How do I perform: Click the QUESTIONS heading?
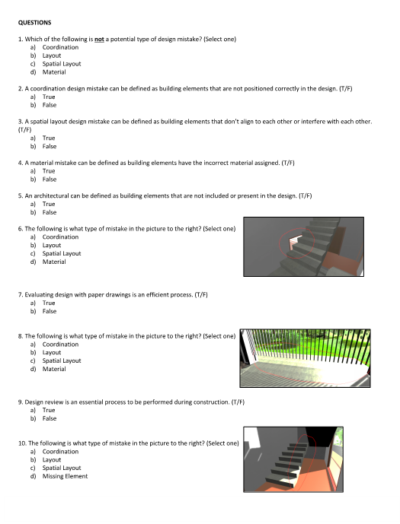[x=34, y=23]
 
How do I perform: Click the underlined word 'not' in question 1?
[x=99, y=39]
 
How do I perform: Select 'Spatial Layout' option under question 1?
[x=62, y=64]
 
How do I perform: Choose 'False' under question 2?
[x=50, y=105]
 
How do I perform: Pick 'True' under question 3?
[x=49, y=138]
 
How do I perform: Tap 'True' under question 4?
[x=49, y=171]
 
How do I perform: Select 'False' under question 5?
[x=50, y=212]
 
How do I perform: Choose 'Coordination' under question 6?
[x=60, y=237]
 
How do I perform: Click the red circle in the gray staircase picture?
[x=279, y=243]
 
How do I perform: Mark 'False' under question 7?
[x=50, y=311]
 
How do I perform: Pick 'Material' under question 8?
[x=54, y=369]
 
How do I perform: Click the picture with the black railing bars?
[x=305, y=358]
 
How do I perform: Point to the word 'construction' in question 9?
[x=213, y=402]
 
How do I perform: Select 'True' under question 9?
[x=49, y=410]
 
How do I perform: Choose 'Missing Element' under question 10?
[x=65, y=476]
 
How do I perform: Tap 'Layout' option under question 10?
[x=52, y=460]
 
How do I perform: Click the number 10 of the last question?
[x=22, y=443]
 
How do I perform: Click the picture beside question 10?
[x=293, y=459]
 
